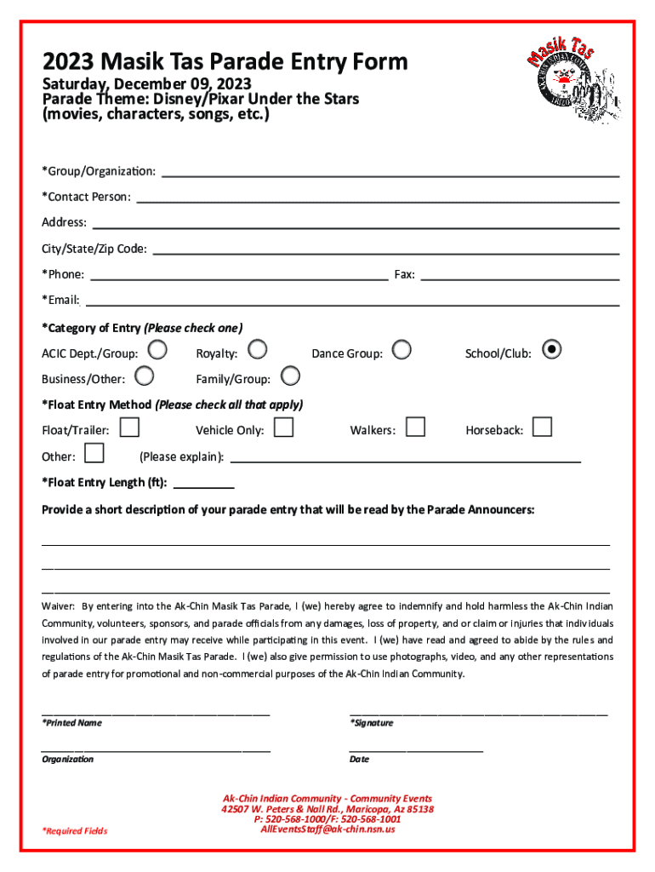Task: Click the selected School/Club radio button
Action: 551,349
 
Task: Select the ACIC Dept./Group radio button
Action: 157,349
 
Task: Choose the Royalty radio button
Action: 257,349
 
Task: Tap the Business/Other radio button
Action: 145,376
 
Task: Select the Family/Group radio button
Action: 290,376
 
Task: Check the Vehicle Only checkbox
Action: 283,427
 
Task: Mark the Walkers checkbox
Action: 415,427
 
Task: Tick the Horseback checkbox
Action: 542,427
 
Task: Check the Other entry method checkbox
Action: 94,453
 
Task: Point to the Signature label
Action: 372,723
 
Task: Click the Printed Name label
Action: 72,723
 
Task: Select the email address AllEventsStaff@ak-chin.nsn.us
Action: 327,829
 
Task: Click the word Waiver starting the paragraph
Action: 59,606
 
